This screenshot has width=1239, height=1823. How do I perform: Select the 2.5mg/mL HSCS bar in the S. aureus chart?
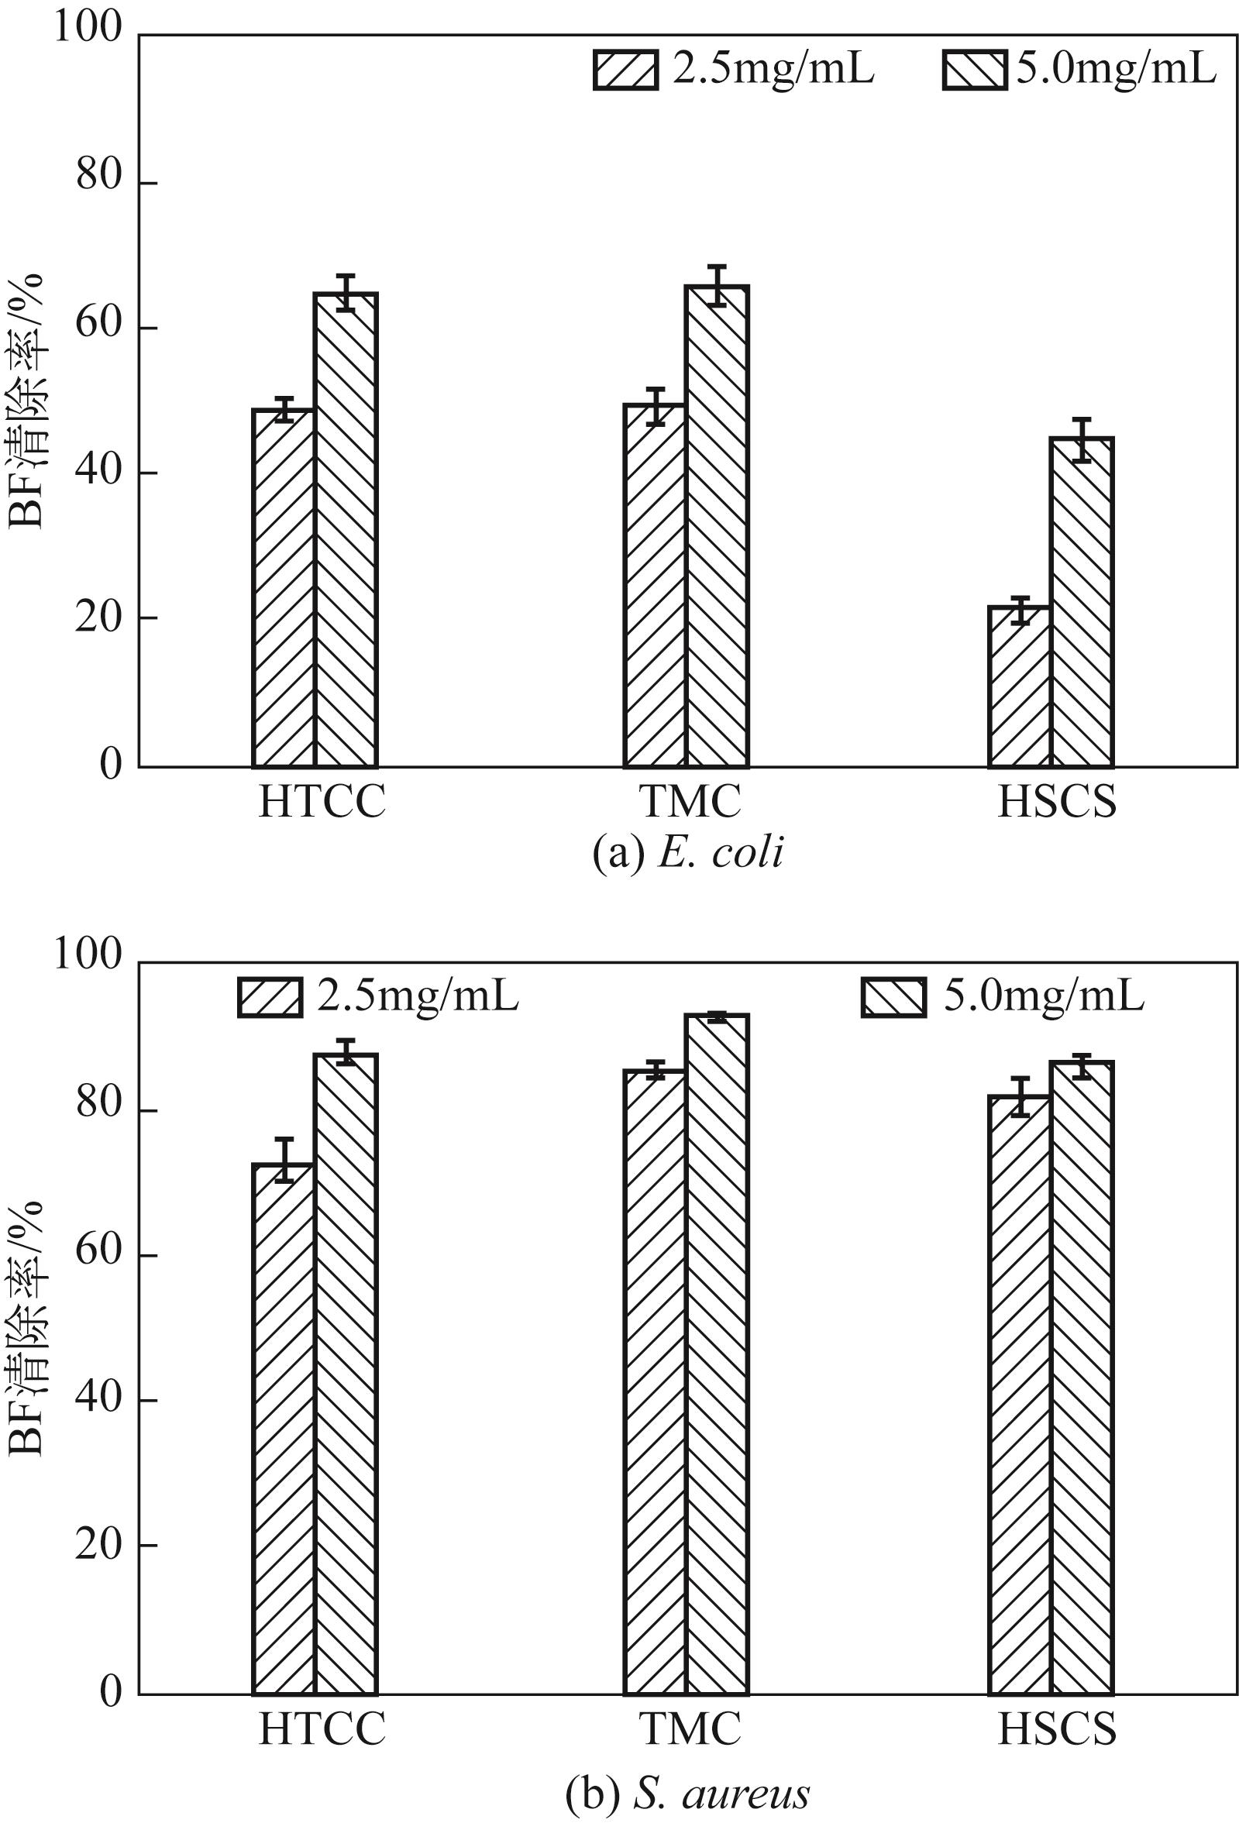click(x=1019, y=1393)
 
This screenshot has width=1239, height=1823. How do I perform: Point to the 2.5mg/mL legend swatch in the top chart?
click(x=625, y=71)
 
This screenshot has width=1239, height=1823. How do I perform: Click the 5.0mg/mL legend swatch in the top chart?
click(x=975, y=71)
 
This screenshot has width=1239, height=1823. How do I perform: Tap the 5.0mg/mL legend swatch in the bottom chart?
click(x=893, y=997)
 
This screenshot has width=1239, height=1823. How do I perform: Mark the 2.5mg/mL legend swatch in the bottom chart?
click(x=270, y=997)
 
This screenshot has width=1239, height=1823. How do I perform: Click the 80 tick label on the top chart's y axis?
click(x=100, y=177)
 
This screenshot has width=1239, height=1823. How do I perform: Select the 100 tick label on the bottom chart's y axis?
click(x=88, y=955)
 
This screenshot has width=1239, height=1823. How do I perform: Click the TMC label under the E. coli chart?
click(x=690, y=801)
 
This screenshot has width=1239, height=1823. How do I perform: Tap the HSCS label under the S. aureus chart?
click(x=1056, y=1726)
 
